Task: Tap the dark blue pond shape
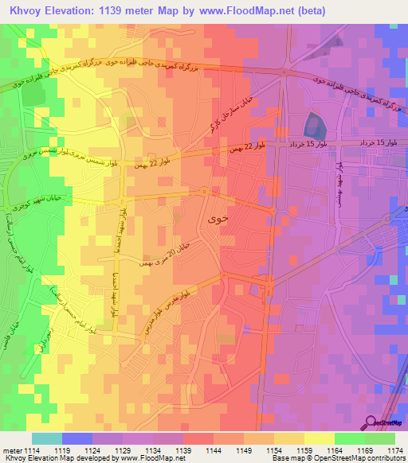tap(312, 124)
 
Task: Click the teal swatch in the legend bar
tap(47, 438)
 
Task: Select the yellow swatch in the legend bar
tap(319, 438)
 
